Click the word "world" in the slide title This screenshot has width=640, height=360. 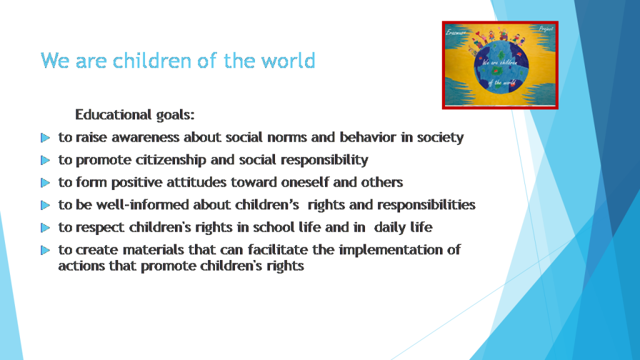pos(288,61)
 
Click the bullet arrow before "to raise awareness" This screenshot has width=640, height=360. pos(45,137)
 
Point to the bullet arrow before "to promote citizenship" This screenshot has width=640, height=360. pos(45,160)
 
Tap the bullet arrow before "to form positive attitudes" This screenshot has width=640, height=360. pos(45,182)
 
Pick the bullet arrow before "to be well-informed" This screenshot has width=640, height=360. pos(45,205)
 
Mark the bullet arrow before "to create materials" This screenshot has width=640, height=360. pos(45,250)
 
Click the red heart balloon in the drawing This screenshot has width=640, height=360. pos(477,34)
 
